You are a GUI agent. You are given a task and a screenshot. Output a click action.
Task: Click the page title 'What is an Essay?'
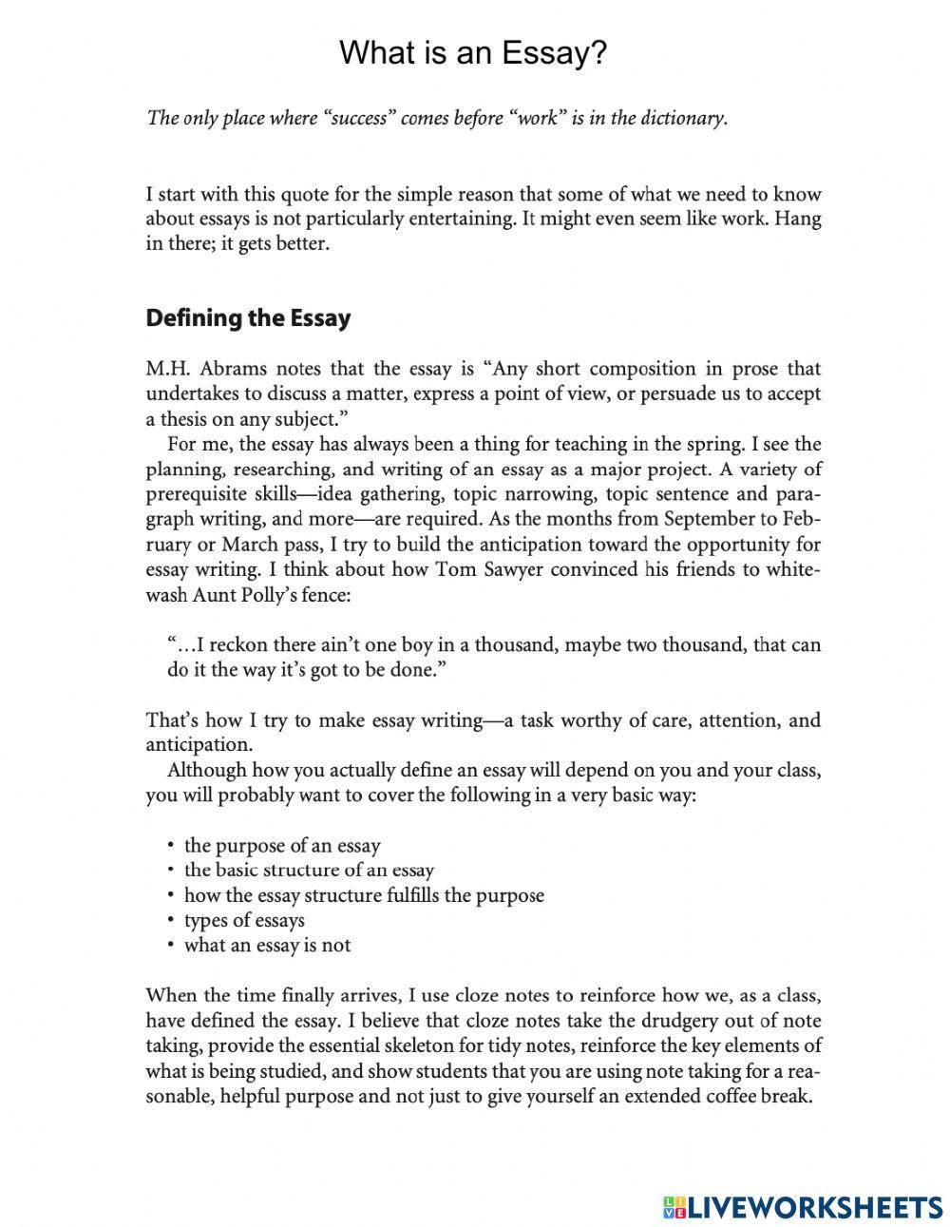472,53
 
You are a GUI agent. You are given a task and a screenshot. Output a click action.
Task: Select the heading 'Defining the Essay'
248,318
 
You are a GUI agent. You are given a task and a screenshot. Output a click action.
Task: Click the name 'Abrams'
230,369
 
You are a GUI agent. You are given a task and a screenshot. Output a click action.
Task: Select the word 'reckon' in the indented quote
238,645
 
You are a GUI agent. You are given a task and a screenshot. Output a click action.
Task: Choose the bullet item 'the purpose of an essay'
281,846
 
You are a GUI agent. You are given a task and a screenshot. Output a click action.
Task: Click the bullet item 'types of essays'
244,920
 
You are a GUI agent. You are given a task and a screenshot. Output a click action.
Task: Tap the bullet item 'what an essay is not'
267,946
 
